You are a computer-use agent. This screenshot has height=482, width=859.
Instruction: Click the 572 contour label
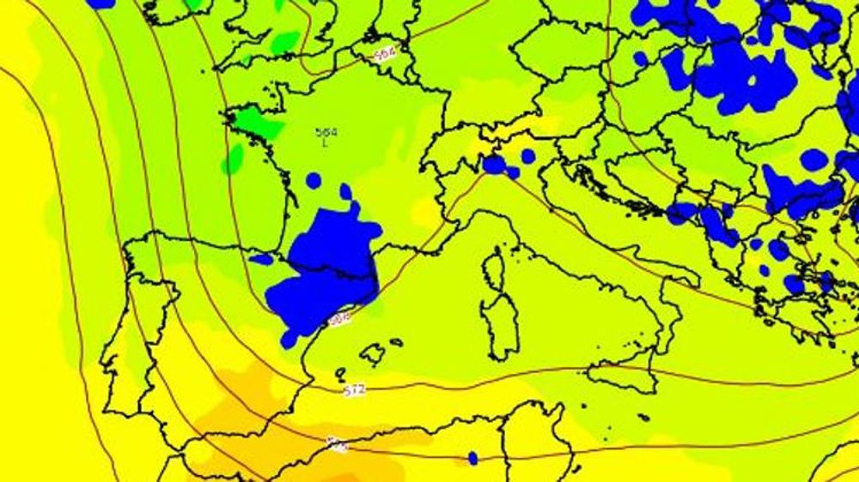pyautogui.click(x=355, y=390)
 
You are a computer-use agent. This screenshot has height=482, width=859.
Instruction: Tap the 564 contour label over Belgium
pyautogui.click(x=386, y=55)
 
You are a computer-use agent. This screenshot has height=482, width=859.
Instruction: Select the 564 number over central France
pyautogui.click(x=326, y=132)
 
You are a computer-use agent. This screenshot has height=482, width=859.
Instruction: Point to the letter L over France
pyautogui.click(x=325, y=143)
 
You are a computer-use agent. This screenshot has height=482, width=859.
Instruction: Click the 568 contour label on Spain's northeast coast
pyautogui.click(x=339, y=318)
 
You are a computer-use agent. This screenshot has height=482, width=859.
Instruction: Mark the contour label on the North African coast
pyautogui.click(x=336, y=444)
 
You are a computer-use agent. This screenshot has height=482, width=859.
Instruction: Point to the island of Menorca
pyautogui.click(x=396, y=342)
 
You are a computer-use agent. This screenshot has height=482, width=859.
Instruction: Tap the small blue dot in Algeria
pyautogui.click(x=472, y=458)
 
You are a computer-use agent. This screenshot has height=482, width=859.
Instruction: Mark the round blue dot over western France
pyautogui.click(x=314, y=180)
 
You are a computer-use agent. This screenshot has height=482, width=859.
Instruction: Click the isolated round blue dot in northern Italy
pyautogui.click(x=527, y=156)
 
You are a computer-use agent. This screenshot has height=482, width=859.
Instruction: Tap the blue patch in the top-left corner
pyautogui.click(x=101, y=3)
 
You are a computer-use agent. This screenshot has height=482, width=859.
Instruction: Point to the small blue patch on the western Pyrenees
pyautogui.click(x=262, y=258)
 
